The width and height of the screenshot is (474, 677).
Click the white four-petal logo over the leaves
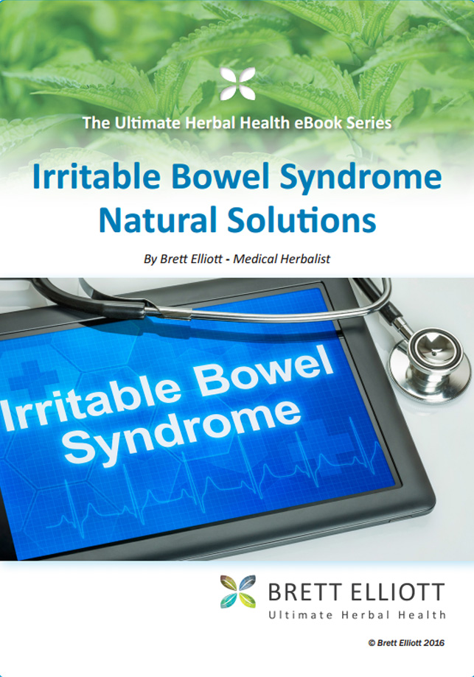(237, 84)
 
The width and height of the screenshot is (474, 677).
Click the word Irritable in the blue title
(97, 177)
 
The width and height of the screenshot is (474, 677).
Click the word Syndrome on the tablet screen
(182, 432)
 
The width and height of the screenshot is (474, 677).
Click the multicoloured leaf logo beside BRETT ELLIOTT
(237, 592)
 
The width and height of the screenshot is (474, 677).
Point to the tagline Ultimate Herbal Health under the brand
(357, 615)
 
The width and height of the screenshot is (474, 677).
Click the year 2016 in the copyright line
(433, 643)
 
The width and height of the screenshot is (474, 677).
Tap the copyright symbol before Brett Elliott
(372, 643)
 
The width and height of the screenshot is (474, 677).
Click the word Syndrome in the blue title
(360, 178)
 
